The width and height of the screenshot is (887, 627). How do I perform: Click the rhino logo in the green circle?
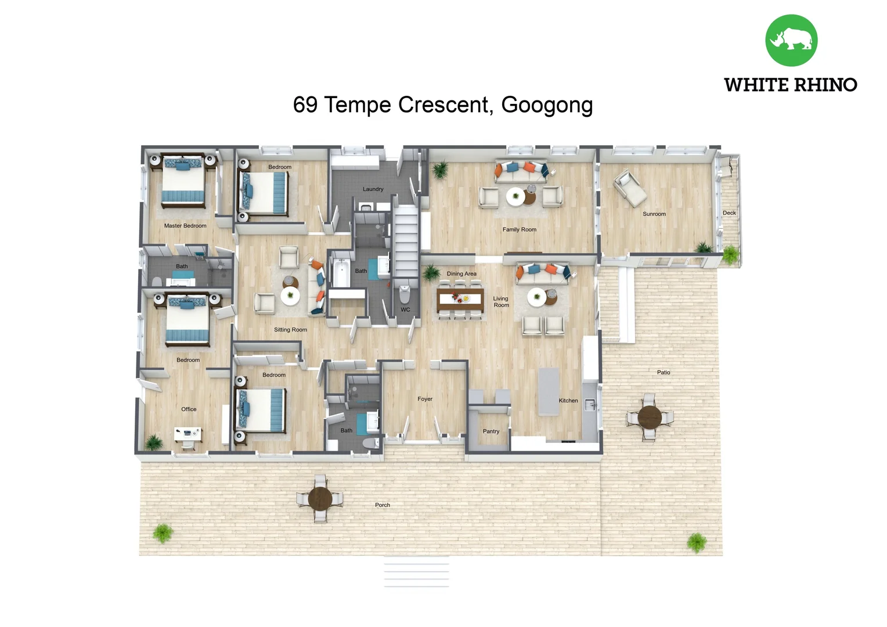coord(791,40)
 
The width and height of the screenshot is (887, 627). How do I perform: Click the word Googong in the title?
coord(546,105)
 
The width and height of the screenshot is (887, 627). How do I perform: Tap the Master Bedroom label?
coord(185,226)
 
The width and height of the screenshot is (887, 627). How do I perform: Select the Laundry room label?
coord(373,189)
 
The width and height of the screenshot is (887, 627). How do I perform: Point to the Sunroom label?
coord(654,214)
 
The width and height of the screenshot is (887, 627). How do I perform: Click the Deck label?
coord(729,213)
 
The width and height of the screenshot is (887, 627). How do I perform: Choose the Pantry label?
coord(491,431)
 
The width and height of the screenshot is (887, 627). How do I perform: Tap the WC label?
coord(405,310)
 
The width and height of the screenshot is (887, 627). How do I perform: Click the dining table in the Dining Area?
coord(460,299)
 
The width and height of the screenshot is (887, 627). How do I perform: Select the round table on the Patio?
coord(649,417)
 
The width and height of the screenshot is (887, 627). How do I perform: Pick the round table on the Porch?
coord(320,499)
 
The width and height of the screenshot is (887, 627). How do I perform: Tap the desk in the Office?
coord(188,433)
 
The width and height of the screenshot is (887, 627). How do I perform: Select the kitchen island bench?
coord(549,391)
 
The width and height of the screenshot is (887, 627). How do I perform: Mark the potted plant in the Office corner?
coord(154,442)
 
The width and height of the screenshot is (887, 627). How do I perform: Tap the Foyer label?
coord(424,399)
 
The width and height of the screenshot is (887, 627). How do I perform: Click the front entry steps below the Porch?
coord(416,572)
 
